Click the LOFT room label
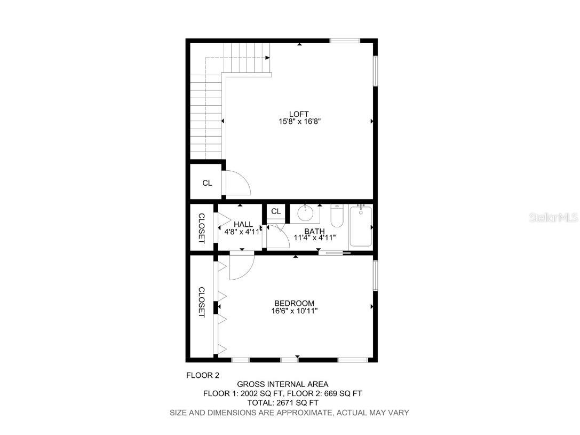(299, 114)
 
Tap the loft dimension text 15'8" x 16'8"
(299, 122)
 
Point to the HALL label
(243, 224)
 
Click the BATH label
(314, 231)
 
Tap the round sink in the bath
(305, 213)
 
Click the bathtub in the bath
(361, 226)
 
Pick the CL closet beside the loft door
(207, 183)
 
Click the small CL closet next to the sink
(276, 212)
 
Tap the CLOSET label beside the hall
(202, 228)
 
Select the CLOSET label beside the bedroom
(202, 302)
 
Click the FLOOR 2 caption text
(202, 375)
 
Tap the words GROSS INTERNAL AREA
(283, 384)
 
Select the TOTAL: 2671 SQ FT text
(283, 403)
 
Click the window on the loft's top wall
(345, 41)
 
